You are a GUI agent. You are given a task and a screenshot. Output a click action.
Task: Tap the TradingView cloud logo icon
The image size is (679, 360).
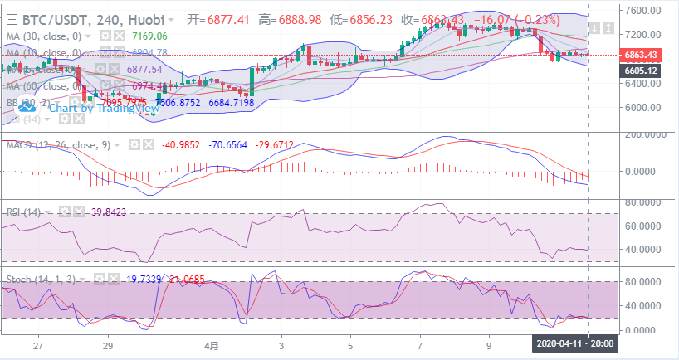click(28, 107)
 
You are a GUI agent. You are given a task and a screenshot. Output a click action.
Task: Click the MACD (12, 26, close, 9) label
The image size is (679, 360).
click(56, 145)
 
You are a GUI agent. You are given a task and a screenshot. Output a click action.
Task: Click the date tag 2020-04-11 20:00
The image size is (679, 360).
click(574, 343)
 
